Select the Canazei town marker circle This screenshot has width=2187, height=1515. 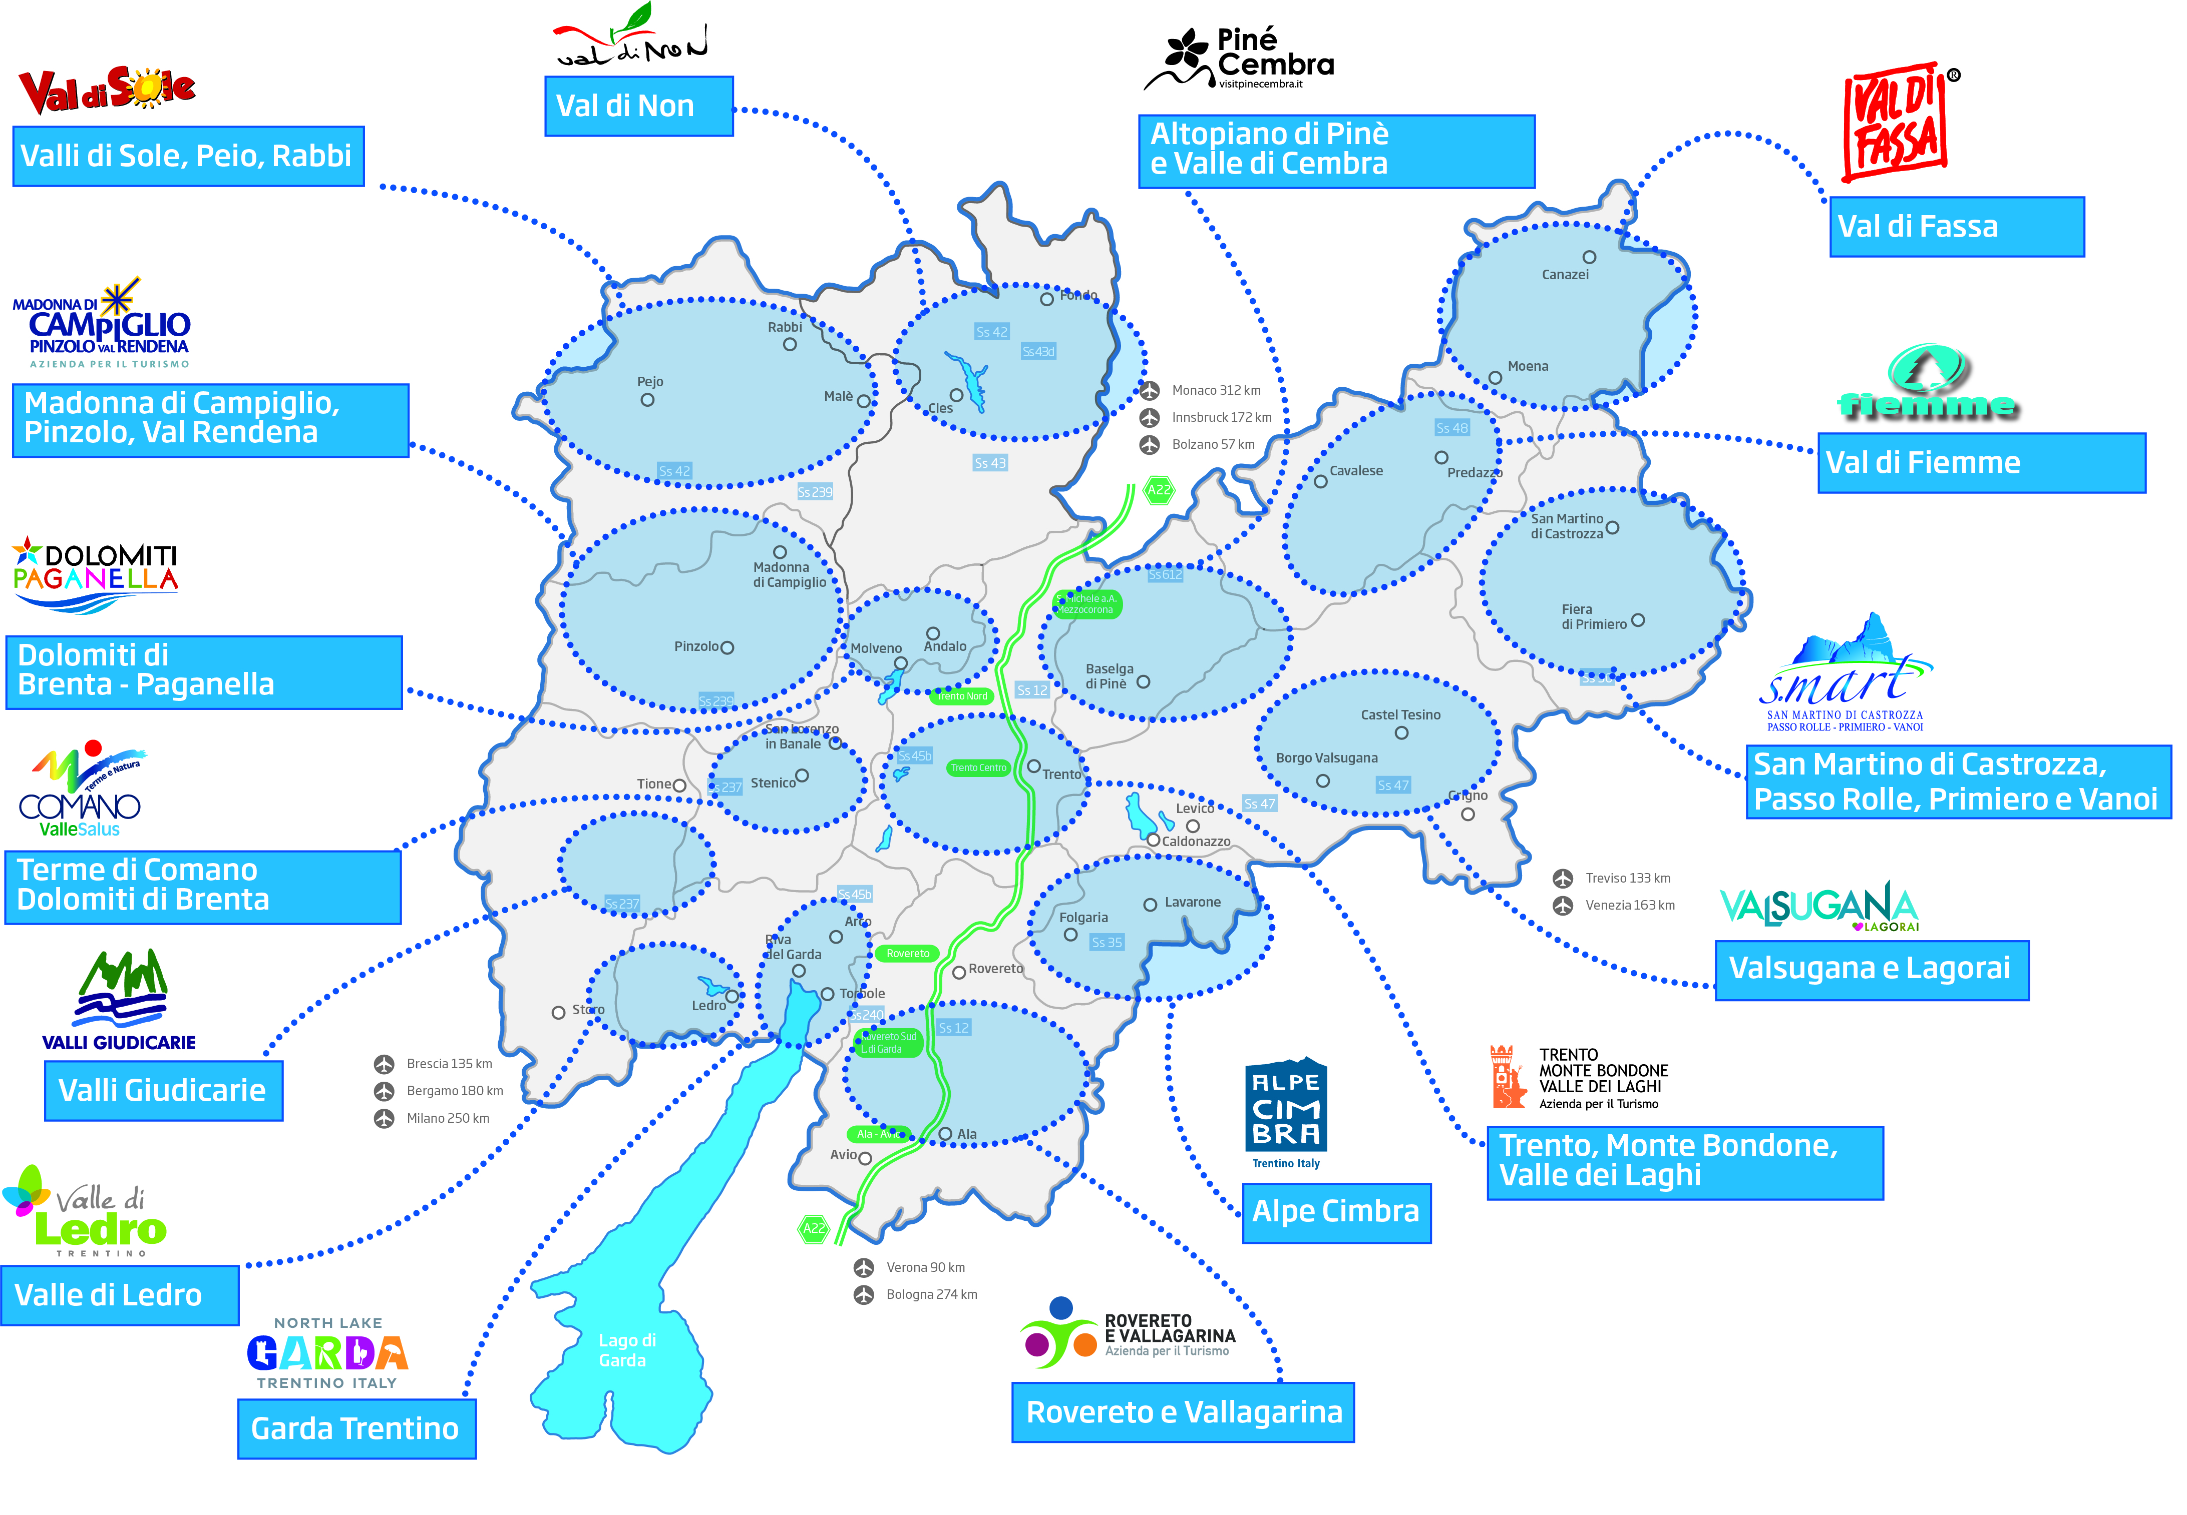(x=1589, y=257)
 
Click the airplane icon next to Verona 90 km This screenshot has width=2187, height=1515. (x=863, y=1267)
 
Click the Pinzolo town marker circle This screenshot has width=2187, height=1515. (x=727, y=647)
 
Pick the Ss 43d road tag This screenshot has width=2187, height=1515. (x=1038, y=351)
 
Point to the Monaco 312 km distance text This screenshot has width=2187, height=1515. (x=1216, y=390)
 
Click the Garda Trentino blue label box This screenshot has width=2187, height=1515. (x=356, y=1427)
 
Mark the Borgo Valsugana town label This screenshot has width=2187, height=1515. (x=1327, y=758)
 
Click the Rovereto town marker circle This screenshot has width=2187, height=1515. (x=959, y=972)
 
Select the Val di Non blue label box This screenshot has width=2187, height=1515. (x=638, y=106)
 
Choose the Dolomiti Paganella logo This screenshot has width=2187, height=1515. (x=95, y=574)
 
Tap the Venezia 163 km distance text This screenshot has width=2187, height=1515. (x=1630, y=906)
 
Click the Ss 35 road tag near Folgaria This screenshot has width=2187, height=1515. (x=1107, y=943)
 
